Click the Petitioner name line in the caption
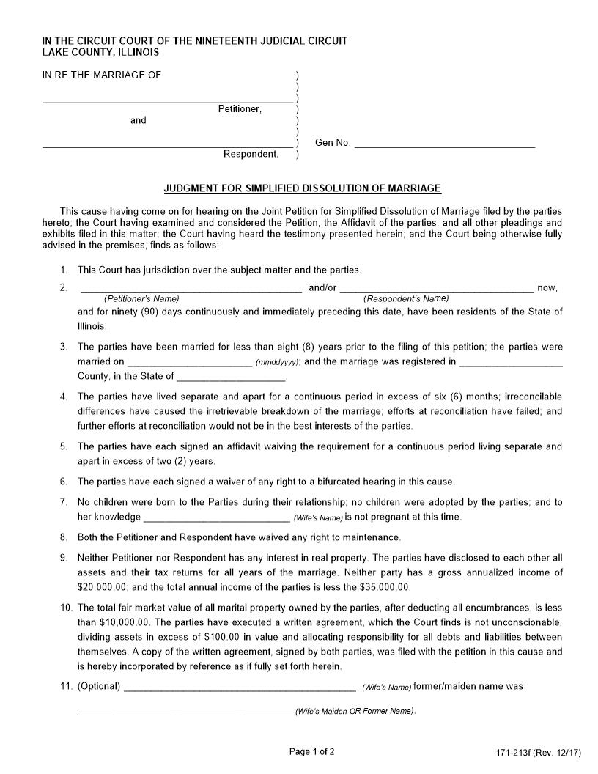(167, 100)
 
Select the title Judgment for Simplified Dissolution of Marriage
(302, 188)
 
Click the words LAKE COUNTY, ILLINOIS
(100, 53)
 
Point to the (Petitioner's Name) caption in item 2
(141, 299)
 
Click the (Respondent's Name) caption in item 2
(406, 299)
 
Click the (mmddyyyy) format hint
(277, 363)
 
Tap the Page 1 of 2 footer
(312, 751)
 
